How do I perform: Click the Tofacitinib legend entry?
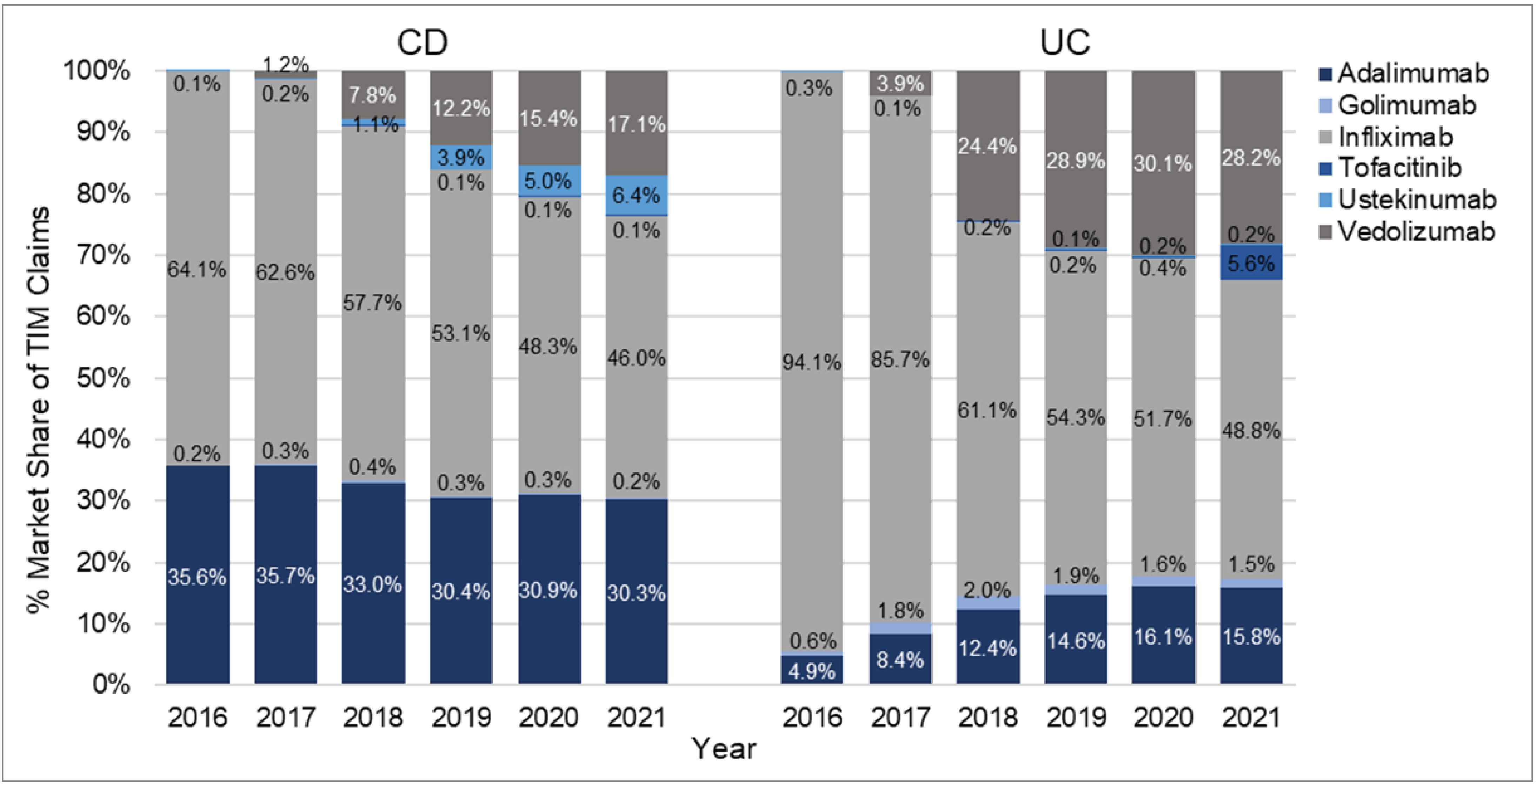click(1399, 168)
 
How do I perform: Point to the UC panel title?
click(1065, 42)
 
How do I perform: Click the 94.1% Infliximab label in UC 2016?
click(811, 362)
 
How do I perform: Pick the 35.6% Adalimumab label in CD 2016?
click(197, 577)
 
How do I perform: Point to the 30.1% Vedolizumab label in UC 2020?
click(1163, 163)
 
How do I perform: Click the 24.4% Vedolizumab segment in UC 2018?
click(987, 146)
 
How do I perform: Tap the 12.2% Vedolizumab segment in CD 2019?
click(461, 108)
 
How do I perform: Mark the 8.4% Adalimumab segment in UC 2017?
click(900, 659)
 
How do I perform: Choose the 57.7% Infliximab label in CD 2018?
click(372, 303)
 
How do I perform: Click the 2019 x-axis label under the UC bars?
click(1076, 717)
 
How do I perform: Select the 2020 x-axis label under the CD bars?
click(548, 717)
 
